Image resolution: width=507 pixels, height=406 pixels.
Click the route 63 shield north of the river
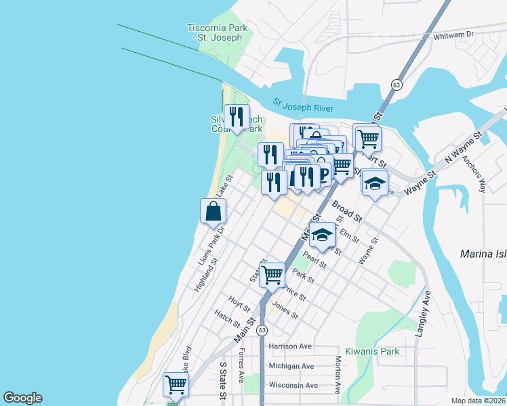pyautogui.click(x=397, y=85)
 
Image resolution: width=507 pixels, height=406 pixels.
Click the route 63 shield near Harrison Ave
pyautogui.click(x=262, y=330)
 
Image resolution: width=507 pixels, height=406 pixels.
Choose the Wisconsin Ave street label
pyautogui.click(x=293, y=385)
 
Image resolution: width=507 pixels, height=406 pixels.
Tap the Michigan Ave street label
pyautogui.click(x=291, y=366)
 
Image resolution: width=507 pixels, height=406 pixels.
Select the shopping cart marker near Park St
pyautogui.click(x=272, y=274)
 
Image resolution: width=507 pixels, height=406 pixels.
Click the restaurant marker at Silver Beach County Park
pyautogui.click(x=237, y=116)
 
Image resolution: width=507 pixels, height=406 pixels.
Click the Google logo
pyautogui.click(x=22, y=398)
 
